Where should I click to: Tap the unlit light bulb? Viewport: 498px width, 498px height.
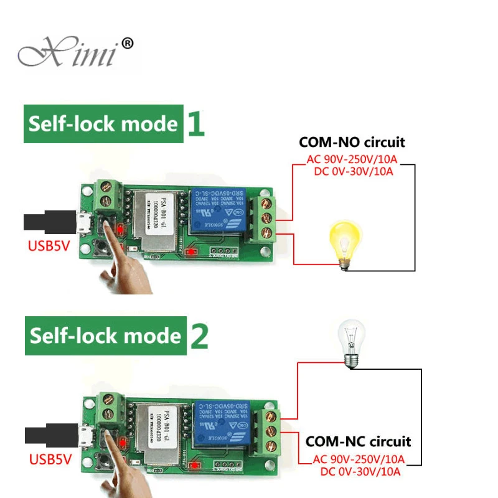tap(349, 345)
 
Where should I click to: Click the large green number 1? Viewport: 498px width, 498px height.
tap(196, 124)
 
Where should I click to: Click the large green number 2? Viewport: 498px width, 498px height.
tap(199, 336)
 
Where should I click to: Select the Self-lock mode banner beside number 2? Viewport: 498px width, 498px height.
tap(105, 336)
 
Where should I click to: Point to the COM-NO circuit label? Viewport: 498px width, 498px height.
tap(352, 142)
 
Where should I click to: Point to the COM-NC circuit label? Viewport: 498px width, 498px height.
tap(358, 442)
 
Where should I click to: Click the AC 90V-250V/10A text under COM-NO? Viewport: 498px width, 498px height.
tap(352, 159)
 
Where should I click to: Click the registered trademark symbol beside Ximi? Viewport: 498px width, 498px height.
tap(126, 43)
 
